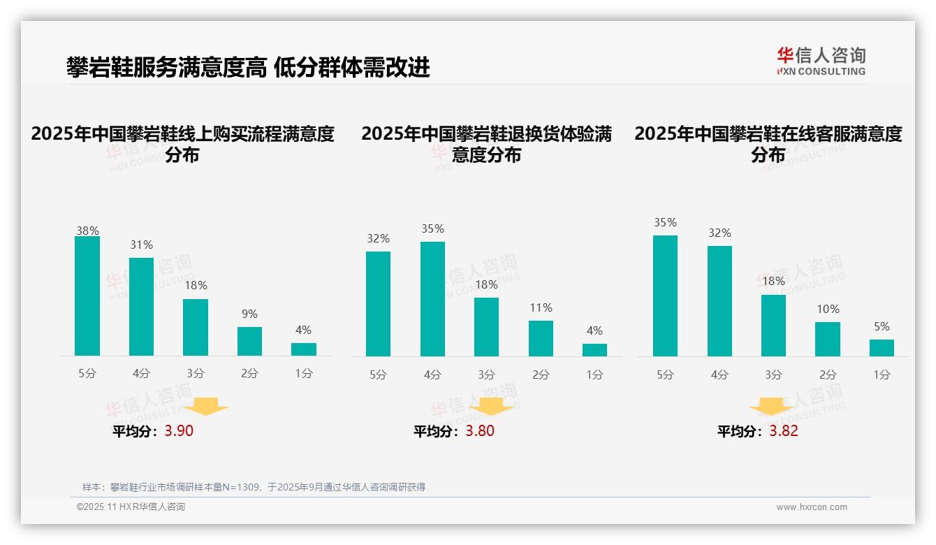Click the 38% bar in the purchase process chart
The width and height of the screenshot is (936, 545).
tap(87, 296)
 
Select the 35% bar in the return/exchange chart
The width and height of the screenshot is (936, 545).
tap(432, 299)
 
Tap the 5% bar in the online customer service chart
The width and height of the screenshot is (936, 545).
tap(882, 348)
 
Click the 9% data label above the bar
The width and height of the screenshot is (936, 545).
tap(249, 314)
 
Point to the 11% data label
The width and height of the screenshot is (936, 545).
tap(541, 308)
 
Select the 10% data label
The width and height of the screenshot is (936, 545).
tap(828, 310)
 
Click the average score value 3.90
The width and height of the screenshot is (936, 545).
tap(179, 431)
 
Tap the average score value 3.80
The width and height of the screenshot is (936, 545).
tap(480, 431)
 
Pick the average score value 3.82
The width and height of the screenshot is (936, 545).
tap(784, 431)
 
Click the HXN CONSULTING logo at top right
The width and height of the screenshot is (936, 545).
tap(821, 61)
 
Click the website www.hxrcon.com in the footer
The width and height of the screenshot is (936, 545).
tap(812, 507)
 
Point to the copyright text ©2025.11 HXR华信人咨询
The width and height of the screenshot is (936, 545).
tap(131, 507)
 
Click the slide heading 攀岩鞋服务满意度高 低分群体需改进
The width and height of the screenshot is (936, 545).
tap(248, 68)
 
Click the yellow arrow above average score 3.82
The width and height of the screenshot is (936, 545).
tap(771, 406)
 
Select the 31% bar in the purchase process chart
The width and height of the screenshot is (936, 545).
tap(141, 307)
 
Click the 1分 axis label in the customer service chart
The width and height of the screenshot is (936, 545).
tap(882, 375)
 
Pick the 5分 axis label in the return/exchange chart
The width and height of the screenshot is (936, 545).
tap(378, 375)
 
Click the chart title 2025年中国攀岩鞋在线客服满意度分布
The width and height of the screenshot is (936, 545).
tap(768, 144)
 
